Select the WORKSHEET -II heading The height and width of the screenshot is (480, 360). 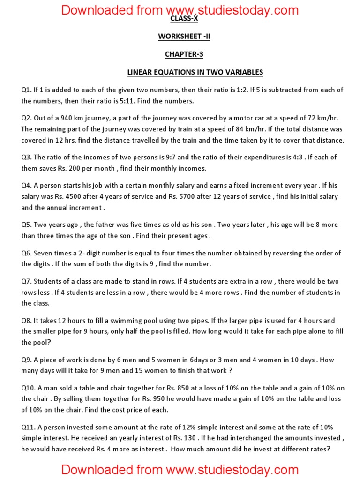click(x=180, y=37)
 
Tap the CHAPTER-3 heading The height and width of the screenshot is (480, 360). click(x=180, y=54)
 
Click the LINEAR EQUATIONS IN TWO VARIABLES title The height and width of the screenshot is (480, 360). click(x=195, y=72)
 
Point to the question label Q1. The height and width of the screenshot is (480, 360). click(x=26, y=90)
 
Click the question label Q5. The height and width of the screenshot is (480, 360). click(x=26, y=225)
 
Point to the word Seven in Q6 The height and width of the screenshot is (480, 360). click(x=43, y=253)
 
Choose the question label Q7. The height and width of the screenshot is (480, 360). click(x=26, y=281)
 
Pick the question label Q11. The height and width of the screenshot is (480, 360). click(x=28, y=427)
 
